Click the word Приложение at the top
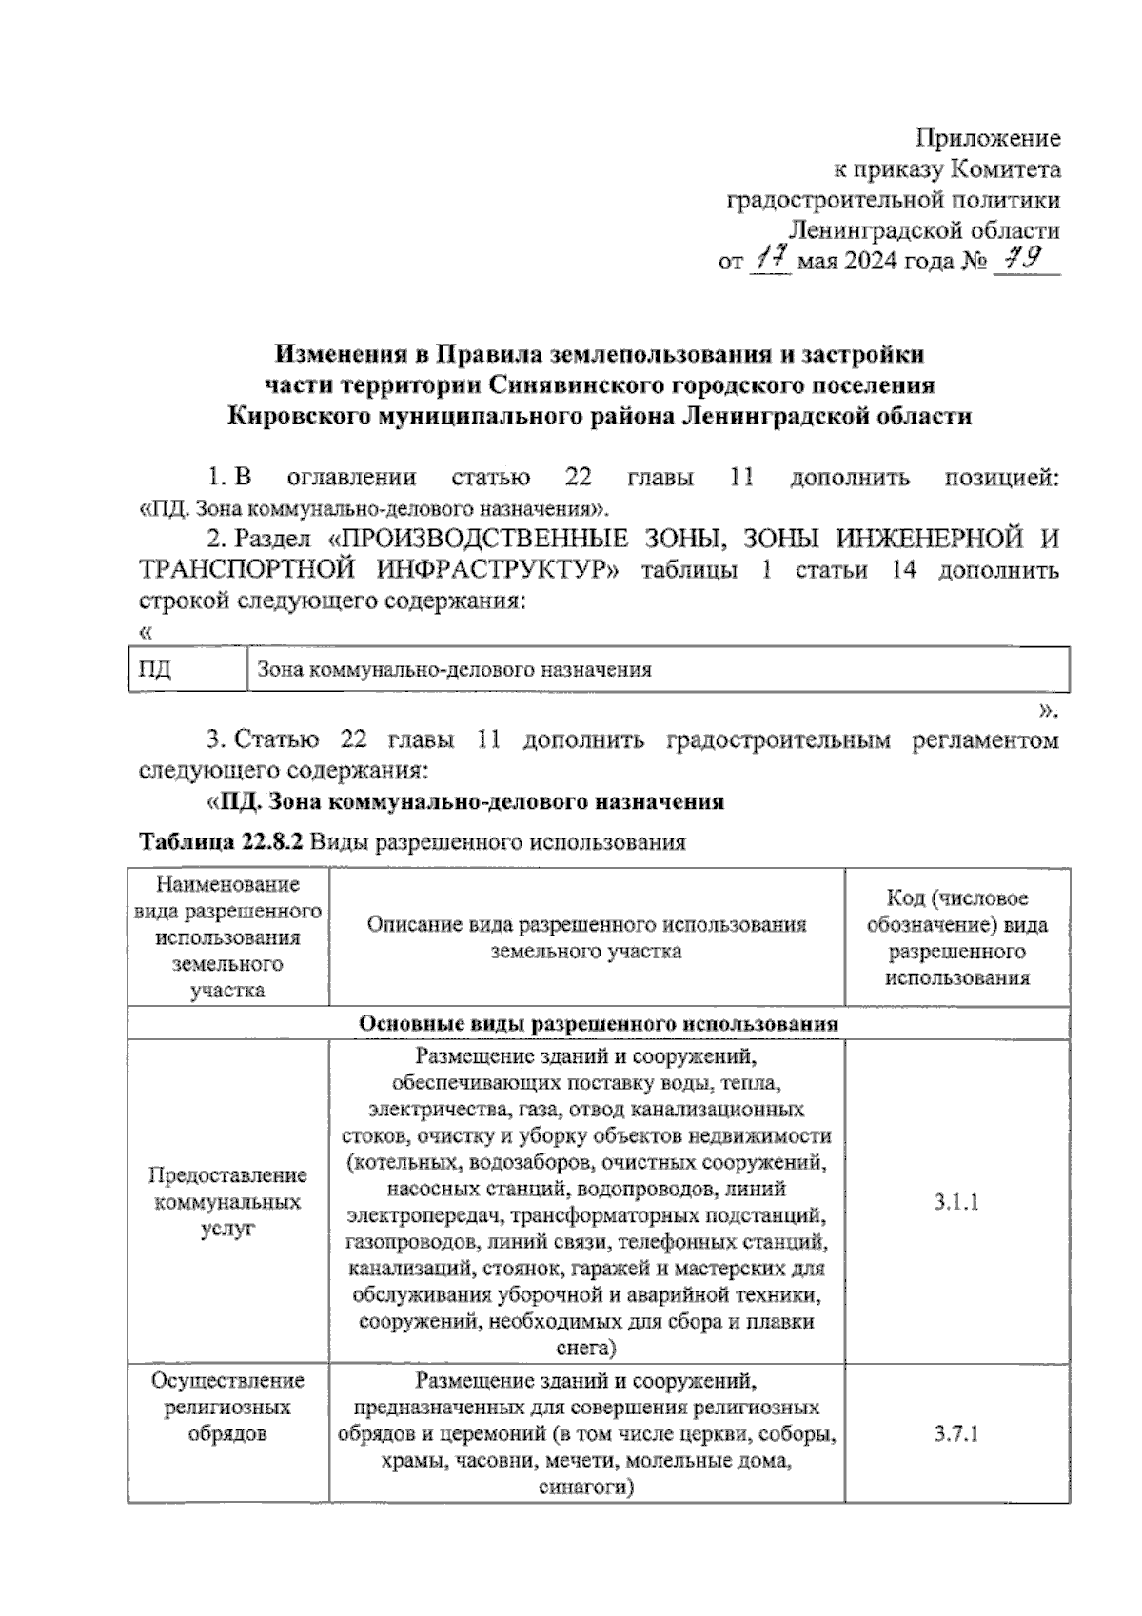point(987,139)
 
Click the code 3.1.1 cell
point(956,1202)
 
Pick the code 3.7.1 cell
point(956,1434)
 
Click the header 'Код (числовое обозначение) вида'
point(956,911)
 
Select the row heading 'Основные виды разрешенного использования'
point(599,1024)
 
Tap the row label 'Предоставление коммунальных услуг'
point(227,1202)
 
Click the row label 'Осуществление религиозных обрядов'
point(227,1407)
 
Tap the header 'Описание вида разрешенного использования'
point(586,924)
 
